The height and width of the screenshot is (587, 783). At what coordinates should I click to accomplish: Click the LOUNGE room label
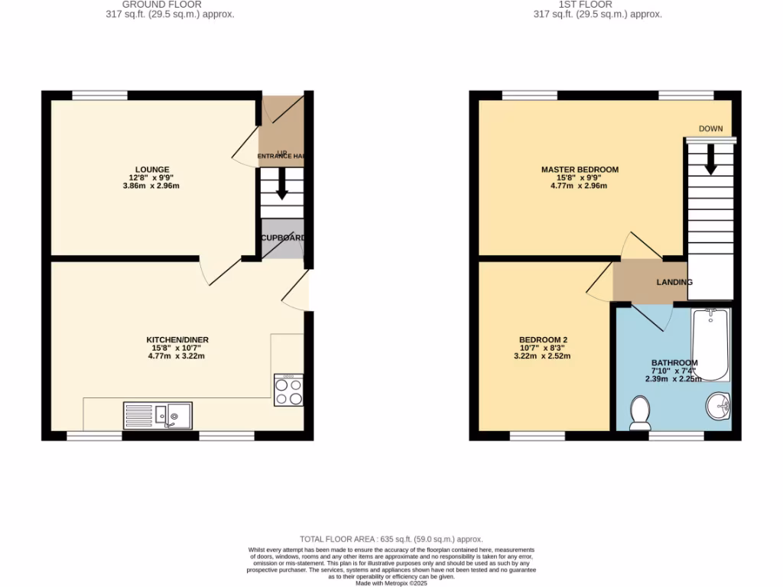(153, 170)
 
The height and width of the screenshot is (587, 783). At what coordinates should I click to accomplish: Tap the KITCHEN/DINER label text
(177, 340)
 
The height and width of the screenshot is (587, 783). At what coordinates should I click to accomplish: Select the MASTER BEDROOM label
(580, 170)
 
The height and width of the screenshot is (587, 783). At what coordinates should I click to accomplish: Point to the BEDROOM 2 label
(543, 340)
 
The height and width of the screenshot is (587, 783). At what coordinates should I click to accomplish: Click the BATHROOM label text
(674, 363)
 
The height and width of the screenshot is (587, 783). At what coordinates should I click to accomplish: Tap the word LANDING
(674, 282)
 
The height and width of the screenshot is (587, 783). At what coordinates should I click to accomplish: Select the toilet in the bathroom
(639, 413)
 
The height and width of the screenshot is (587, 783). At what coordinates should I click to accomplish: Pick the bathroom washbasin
(719, 406)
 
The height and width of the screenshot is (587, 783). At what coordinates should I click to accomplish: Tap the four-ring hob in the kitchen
(288, 391)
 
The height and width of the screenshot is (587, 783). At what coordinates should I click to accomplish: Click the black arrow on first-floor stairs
(710, 159)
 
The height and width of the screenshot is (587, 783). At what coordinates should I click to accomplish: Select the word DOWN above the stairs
(710, 128)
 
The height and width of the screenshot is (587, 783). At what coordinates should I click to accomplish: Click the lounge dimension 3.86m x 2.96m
(153, 186)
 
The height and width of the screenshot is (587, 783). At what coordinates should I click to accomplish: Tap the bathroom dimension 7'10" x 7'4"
(674, 371)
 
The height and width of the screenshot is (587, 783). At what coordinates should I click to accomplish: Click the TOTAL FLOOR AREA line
(391, 539)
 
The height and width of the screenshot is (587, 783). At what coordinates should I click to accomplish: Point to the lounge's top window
(99, 96)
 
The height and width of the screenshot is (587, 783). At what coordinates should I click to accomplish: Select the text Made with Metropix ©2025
(391, 582)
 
